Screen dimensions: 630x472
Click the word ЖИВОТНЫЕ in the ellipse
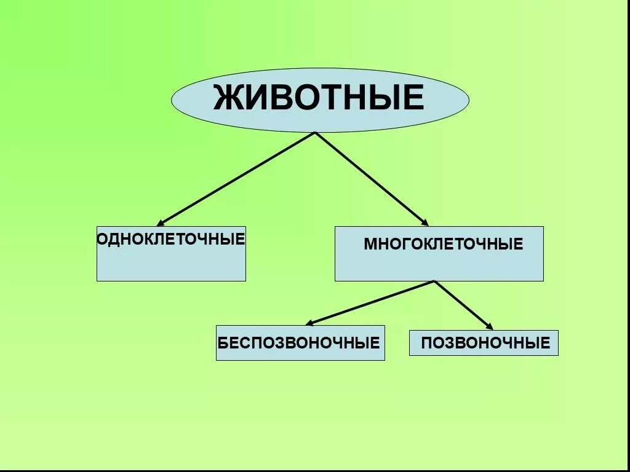coord(319,98)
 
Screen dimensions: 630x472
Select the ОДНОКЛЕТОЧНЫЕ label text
coord(171,238)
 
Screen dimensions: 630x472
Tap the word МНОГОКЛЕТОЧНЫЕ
coord(443,244)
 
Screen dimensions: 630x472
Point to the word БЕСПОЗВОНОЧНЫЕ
coord(299,342)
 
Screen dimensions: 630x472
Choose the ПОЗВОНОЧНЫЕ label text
coord(485,343)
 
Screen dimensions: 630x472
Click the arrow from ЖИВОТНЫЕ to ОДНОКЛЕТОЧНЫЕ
coord(237,178)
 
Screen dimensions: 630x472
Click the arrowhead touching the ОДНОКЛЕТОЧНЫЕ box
coord(161,222)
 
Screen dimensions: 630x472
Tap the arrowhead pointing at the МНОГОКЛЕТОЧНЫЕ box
coord(424,222)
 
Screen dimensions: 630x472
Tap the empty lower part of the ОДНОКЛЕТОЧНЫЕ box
coord(171,264)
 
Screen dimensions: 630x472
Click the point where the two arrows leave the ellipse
coord(315,132)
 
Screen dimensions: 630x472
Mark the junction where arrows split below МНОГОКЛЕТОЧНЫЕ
coord(434,281)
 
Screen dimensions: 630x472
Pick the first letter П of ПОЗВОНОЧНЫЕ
coord(426,343)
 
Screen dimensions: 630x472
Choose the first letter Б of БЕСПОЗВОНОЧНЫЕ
coord(223,342)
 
